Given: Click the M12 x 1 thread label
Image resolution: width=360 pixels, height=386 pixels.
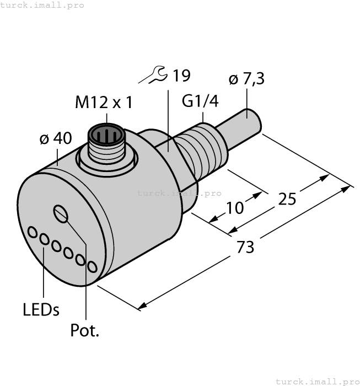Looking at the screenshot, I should [103, 103].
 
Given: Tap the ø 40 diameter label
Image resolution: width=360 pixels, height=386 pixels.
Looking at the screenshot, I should [55, 139].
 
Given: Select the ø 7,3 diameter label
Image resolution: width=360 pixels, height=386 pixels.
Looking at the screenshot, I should [246, 79].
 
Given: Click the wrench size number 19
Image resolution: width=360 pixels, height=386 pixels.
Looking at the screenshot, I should [180, 76].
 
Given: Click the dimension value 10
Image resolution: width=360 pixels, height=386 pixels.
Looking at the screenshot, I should [234, 208].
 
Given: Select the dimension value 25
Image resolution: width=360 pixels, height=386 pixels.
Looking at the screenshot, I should [287, 199].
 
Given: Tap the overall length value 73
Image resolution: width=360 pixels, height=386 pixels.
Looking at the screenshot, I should [245, 247].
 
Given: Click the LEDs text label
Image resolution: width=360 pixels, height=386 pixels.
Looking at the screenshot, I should [41, 310].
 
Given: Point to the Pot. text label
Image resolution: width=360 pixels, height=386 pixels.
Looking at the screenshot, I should [85, 330].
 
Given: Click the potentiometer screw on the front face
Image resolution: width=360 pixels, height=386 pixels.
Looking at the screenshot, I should [61, 213].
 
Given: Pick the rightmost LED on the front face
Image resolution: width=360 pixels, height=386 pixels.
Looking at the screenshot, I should [92, 267].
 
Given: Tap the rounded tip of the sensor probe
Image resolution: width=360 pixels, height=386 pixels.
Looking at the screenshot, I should [254, 121].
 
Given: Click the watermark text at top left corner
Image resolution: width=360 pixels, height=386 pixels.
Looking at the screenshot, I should [42, 5].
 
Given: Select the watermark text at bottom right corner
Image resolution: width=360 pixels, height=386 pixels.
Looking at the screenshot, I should [316, 381].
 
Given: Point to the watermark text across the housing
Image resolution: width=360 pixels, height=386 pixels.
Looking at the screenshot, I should [179, 193].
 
